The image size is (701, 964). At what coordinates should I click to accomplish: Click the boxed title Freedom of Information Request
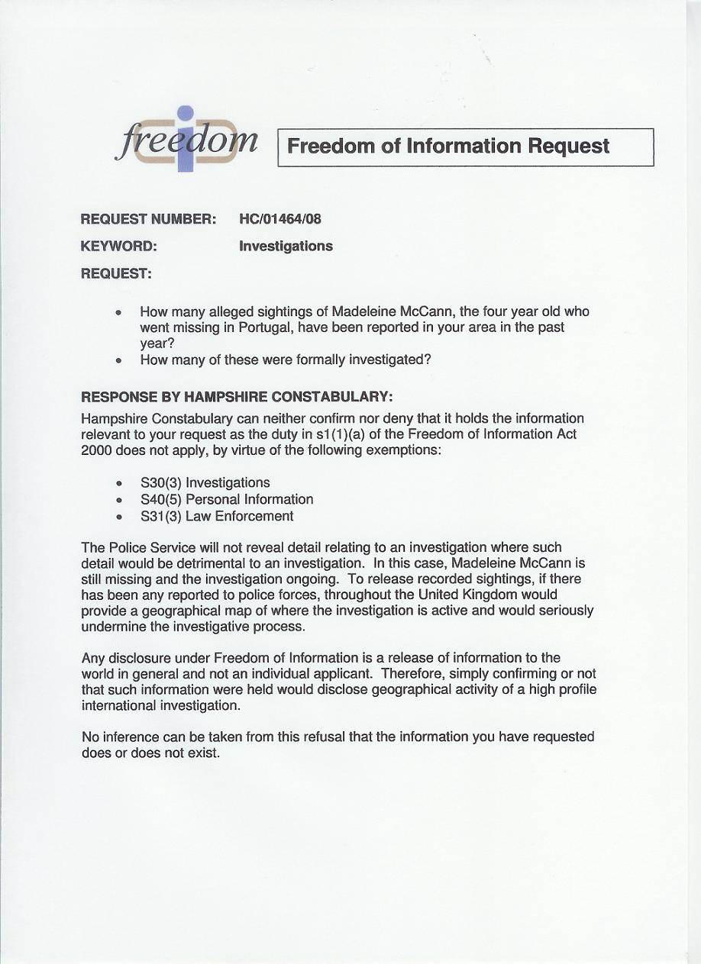pyautogui.click(x=448, y=147)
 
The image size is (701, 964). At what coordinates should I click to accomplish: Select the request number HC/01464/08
pyautogui.click(x=280, y=220)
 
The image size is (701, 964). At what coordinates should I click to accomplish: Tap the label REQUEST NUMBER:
pyautogui.click(x=149, y=220)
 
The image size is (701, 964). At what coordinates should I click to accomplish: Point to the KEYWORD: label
pyautogui.click(x=119, y=247)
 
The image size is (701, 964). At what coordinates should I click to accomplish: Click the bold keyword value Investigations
pyautogui.click(x=286, y=247)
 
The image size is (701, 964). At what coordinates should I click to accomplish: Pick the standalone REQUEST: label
pyautogui.click(x=116, y=273)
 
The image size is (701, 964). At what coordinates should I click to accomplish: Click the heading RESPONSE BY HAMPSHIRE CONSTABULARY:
pyautogui.click(x=237, y=397)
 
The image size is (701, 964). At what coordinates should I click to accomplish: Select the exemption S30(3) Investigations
pyautogui.click(x=205, y=483)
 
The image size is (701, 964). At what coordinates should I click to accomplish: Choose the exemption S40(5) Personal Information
pyautogui.click(x=227, y=500)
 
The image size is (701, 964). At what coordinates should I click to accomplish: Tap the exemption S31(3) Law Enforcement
pyautogui.click(x=217, y=517)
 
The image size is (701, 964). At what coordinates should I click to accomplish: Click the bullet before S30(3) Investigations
pyautogui.click(x=118, y=484)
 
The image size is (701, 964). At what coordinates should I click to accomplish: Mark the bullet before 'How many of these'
pyautogui.click(x=118, y=360)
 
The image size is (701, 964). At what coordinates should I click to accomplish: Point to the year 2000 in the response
pyautogui.click(x=96, y=450)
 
